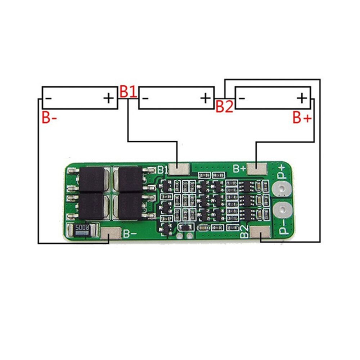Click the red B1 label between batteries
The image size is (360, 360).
point(128,91)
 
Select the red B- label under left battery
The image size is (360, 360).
point(49,118)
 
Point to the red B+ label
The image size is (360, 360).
point(302,118)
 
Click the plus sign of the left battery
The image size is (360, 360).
point(108,98)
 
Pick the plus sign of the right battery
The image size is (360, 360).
point(302,98)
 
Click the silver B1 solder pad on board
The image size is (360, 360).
point(179,168)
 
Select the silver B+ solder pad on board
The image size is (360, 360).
point(257,168)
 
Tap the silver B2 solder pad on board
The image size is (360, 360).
point(260,233)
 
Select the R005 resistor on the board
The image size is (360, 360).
point(82,229)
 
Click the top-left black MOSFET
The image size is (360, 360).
point(92,179)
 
